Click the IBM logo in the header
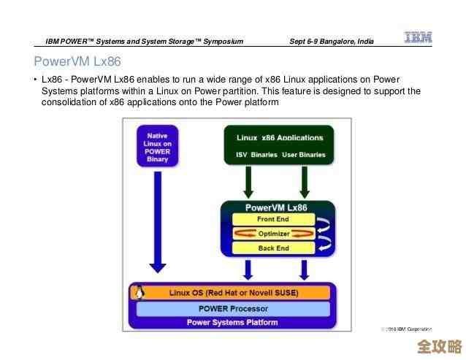pos(418,38)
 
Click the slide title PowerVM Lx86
pos(77,61)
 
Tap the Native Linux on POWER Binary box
pos(157,148)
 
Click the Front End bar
pos(272,219)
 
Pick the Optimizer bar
pos(273,234)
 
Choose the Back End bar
pos(272,248)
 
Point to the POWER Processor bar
pos(233,308)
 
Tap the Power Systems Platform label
pos(232,322)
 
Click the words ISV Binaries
pos(253,155)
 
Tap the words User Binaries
pos(304,155)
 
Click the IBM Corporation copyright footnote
pos(407,329)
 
